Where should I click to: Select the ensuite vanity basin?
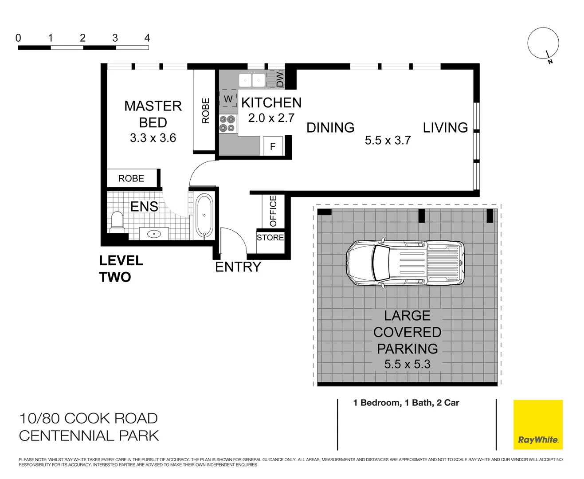point(154,234)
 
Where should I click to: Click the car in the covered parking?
point(405,263)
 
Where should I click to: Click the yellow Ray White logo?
point(538,424)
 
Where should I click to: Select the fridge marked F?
point(273,146)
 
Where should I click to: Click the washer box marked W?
point(228,99)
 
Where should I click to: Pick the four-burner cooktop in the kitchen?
point(227,124)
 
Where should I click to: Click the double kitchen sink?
point(252,80)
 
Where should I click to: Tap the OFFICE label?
point(273,211)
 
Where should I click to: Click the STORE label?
point(270,238)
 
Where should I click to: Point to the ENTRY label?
point(238,267)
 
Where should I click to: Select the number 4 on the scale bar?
point(147,38)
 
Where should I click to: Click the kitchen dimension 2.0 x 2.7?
point(271,118)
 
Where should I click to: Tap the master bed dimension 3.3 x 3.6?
point(153,138)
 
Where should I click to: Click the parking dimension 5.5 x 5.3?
point(407,364)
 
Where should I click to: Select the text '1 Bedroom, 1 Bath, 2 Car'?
point(406,403)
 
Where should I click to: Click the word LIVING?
point(445,128)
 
